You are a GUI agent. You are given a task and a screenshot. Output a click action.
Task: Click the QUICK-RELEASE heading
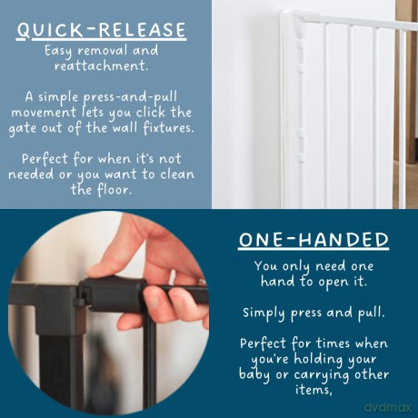tap(101, 30)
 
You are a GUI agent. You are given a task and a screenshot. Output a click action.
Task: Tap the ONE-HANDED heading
tap(313, 240)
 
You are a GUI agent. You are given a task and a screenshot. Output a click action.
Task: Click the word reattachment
tap(102, 65)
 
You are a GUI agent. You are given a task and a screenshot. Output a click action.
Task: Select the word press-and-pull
tap(130, 97)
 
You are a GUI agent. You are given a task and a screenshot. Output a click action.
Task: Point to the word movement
tap(44, 113)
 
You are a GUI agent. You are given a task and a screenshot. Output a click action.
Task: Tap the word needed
tap(31, 174)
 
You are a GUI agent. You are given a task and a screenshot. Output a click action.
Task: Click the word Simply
tap(264, 313)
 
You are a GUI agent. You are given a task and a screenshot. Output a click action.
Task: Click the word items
tap(313, 389)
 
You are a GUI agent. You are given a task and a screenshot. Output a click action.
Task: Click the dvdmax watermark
tap(388, 406)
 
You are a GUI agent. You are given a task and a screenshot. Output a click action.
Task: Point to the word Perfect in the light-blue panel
tap(45, 159)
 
